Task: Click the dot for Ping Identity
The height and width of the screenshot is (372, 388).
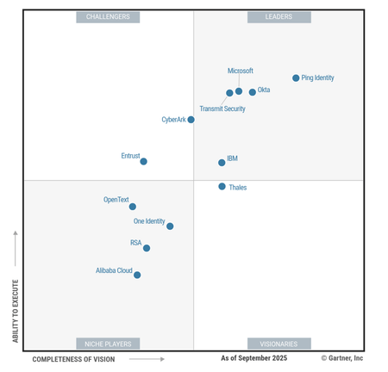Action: pos(296,78)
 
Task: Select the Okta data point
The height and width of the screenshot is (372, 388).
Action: pos(253,92)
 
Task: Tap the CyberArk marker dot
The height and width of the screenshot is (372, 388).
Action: pos(191,120)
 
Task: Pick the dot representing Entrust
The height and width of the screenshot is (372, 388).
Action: pos(143,161)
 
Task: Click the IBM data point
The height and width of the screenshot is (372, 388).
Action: pos(222,162)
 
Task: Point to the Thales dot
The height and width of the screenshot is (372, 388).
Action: pos(222,186)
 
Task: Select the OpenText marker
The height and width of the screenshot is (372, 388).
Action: pos(132,207)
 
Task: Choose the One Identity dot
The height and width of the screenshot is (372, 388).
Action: pos(170,226)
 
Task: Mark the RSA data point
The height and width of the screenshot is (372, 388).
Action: pos(147,248)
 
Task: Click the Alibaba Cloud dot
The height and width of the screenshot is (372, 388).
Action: pos(137,276)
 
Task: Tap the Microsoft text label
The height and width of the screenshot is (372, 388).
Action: pos(241,71)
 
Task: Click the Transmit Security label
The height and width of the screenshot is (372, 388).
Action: pos(222,109)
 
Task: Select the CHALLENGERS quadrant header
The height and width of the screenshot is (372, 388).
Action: pos(109,17)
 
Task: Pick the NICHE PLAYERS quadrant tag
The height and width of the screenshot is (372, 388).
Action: pos(109,343)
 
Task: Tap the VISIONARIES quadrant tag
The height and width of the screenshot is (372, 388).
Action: pos(279,343)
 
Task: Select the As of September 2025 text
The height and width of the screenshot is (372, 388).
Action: pos(253,358)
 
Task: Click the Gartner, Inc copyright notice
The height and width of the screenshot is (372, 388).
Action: pos(342,358)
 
